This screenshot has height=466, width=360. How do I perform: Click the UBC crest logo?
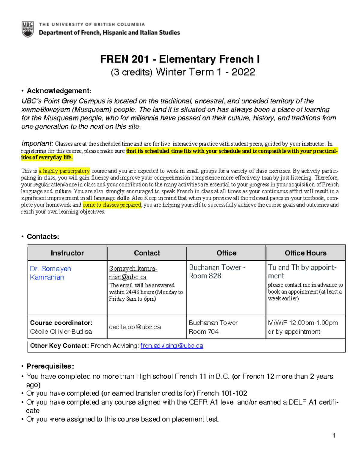point(28,29)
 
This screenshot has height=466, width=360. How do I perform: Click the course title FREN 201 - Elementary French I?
point(180,59)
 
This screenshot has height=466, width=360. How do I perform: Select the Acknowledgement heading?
point(59,91)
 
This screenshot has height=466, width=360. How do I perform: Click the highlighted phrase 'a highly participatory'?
point(64,171)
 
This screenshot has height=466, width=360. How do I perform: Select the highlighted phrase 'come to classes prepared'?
point(112,205)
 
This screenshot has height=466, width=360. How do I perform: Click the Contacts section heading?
point(43,236)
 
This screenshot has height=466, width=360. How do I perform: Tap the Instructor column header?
point(67,253)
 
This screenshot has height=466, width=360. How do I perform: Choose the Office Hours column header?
point(305,253)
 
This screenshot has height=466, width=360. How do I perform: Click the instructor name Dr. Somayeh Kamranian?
point(50,273)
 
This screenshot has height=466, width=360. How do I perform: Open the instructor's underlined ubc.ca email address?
point(133,273)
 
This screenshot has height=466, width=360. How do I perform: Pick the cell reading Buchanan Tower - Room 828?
point(217,271)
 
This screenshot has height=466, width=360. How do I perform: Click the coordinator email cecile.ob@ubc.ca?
point(135,327)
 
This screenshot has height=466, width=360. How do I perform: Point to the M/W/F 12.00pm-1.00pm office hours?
point(303,323)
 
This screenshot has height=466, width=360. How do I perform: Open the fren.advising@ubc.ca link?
point(172,346)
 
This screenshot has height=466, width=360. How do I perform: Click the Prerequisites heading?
point(50,366)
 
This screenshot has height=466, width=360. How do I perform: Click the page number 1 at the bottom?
point(334,435)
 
